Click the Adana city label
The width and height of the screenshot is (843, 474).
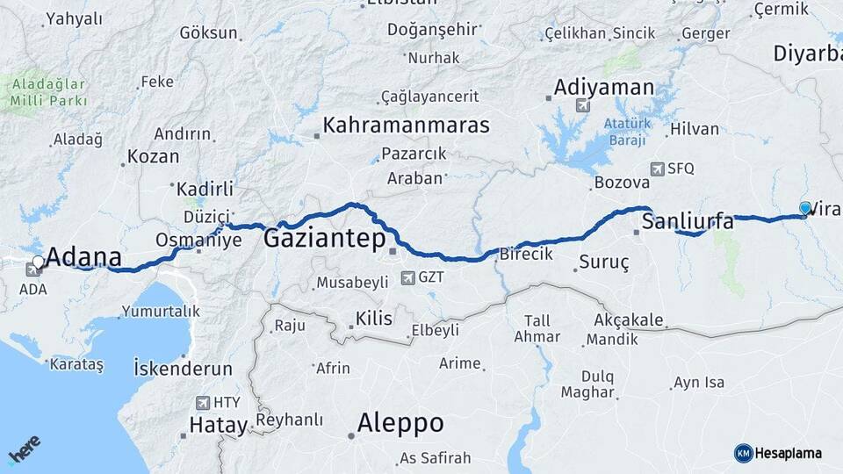coord(83,257)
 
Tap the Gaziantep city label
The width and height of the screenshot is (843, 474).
coord(324,238)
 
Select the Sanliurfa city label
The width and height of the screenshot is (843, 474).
coord(688,221)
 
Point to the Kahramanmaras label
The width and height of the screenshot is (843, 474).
coord(406,125)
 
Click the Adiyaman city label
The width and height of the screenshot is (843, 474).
coord(604,88)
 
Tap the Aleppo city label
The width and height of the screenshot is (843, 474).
coord(400,423)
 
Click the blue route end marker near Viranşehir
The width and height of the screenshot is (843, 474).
coord(805,208)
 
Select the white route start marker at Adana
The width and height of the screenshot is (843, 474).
coord(39,261)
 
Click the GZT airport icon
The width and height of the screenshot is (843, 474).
coord(407,278)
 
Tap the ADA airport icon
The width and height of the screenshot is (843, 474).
coord(33,270)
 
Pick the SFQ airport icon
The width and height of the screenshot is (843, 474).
coord(658,169)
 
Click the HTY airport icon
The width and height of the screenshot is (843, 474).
coord(203,403)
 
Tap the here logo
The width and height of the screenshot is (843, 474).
coord(25,452)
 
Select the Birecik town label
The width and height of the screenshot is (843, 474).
coord(525,255)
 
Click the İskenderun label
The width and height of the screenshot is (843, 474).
coord(183,368)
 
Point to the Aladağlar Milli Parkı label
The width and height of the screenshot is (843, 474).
coord(48,92)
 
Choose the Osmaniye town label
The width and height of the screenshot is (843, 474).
coord(198,240)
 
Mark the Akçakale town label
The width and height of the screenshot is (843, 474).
coord(628,320)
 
